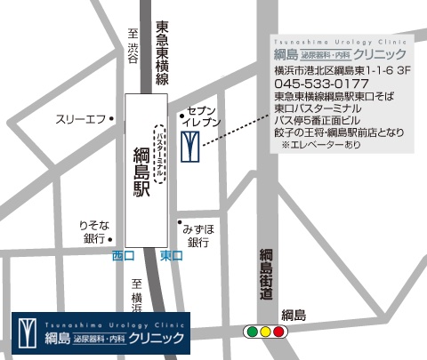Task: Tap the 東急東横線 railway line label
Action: point(162,54)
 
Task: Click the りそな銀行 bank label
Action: point(93,232)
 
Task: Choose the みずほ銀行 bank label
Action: point(198,235)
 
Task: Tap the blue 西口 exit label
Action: point(122,256)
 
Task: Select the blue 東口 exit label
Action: point(171,256)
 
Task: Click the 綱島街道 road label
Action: point(265,280)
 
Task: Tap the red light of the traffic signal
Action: point(278,332)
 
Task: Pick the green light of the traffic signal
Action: point(251,332)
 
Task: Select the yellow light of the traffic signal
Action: point(265,332)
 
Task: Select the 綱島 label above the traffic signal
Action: point(294,316)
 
